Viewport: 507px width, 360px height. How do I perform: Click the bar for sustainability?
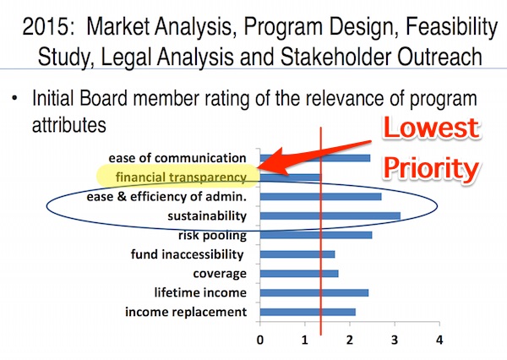click(330, 215)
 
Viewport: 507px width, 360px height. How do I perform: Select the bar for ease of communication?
click(315, 158)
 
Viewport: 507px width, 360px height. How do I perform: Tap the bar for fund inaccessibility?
click(297, 254)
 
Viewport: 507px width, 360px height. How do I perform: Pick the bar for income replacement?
click(308, 312)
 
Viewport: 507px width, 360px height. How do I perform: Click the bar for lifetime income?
click(314, 292)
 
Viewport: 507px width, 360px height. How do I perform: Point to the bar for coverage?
click(299, 274)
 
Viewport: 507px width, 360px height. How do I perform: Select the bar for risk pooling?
click(316, 235)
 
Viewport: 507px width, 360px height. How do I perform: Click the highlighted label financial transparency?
click(181, 177)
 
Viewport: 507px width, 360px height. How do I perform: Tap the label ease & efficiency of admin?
click(166, 197)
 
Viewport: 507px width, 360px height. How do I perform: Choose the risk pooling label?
click(212, 235)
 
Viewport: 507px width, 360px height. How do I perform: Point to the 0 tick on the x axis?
click(260, 340)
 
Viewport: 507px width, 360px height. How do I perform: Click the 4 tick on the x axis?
click(439, 340)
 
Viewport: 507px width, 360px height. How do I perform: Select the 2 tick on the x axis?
click(350, 340)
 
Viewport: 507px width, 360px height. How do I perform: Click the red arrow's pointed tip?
click(258, 167)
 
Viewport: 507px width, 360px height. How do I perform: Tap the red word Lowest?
click(431, 128)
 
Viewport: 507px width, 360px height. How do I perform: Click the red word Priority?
click(432, 169)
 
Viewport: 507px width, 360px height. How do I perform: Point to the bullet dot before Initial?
click(14, 98)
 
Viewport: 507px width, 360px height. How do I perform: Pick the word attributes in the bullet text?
click(69, 124)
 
